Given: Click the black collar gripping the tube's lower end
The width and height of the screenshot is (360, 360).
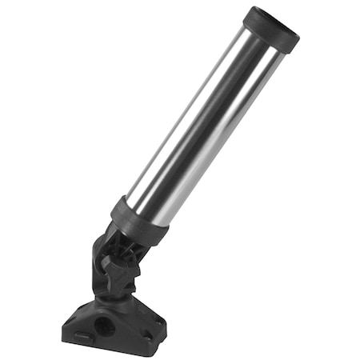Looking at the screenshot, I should pyautogui.click(x=139, y=221).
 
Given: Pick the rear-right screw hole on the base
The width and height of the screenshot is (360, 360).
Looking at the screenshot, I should pyautogui.click(x=159, y=320).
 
